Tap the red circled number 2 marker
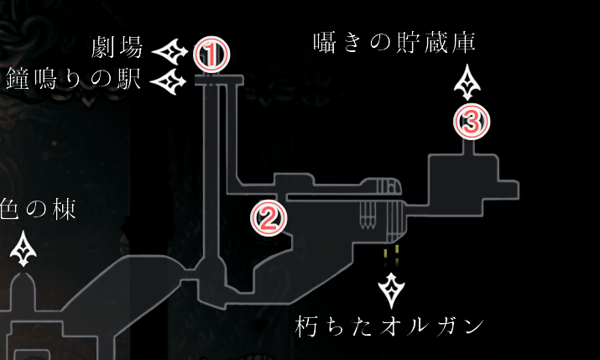point(269,217)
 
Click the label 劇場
point(117,47)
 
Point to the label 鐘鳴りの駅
point(73,81)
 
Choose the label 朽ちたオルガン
point(391,326)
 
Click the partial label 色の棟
point(38,210)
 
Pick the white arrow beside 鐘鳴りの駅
point(171,81)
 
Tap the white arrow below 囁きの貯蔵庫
point(467,84)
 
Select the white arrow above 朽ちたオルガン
point(391,290)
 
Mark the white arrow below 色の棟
point(25,249)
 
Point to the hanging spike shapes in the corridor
point(368,216)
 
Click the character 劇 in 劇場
point(104,47)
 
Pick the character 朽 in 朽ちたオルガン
point(308,326)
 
